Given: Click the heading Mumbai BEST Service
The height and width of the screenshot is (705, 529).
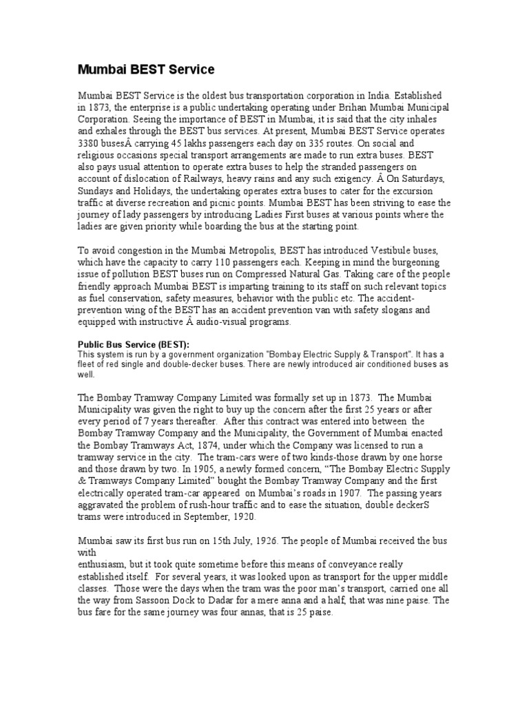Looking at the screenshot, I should [145, 70].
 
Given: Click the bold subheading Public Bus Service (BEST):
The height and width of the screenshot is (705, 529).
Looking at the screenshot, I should [133, 344].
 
